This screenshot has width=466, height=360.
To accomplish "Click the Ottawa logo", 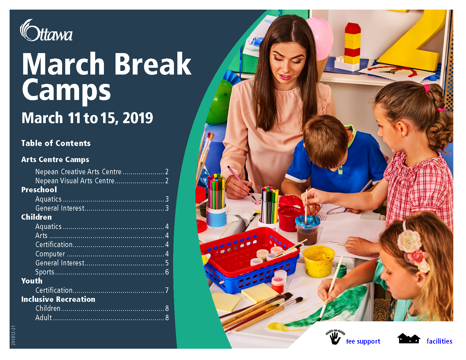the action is point(46,30).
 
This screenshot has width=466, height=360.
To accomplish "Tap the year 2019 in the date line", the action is point(138,118).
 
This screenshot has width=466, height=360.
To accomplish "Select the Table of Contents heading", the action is point(56,143).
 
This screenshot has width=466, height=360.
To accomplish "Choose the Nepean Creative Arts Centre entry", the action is point(78,172).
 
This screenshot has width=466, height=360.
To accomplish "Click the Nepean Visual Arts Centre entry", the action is point(75,181).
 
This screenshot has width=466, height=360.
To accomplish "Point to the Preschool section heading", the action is point(39,190).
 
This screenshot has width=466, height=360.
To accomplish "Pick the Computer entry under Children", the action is point(50,254).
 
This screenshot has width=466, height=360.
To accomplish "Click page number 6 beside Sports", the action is point(167,272).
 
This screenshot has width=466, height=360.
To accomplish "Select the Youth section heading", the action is point(32,281).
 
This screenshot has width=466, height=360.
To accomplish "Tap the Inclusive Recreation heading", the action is point(58,299).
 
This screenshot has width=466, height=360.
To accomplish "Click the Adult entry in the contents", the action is point(43,318).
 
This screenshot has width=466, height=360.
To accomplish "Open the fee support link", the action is point(363,341).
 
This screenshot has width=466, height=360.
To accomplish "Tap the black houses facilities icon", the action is point(409,339).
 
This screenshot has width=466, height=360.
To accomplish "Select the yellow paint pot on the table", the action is point(319,261).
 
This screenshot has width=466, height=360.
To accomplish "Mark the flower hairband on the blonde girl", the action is point(413,249).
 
